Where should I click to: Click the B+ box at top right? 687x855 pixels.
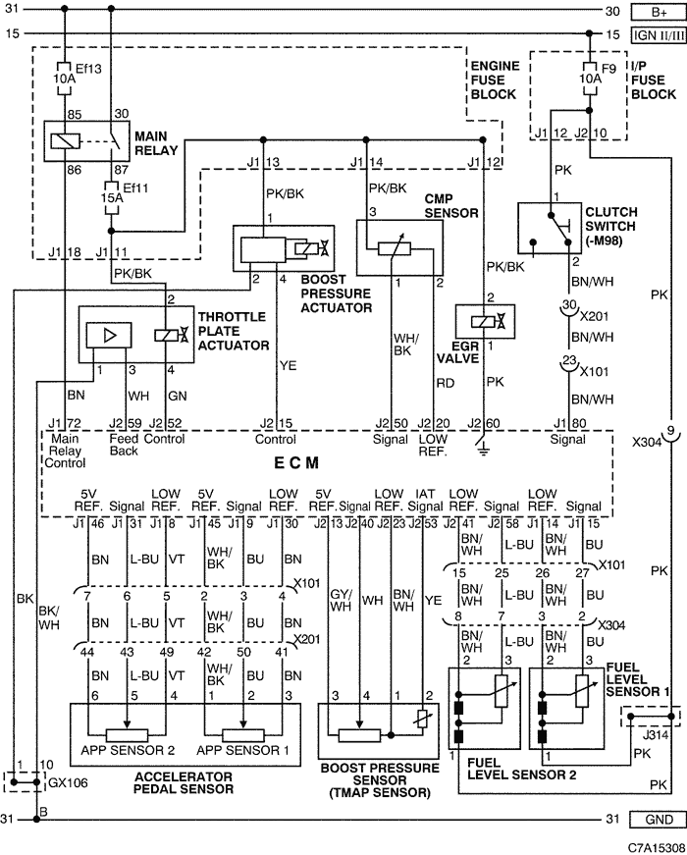[x=659, y=12]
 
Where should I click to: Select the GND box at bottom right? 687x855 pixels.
[x=659, y=819]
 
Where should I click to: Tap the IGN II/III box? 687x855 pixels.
[x=659, y=35]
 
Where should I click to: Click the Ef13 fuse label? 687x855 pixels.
[x=88, y=69]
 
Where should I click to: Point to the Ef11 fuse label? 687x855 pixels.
[x=135, y=188]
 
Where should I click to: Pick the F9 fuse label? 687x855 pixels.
[x=608, y=69]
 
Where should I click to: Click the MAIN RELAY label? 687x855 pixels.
[x=156, y=143]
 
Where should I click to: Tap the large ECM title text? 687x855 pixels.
[x=296, y=463]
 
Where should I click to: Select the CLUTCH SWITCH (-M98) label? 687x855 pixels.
[x=611, y=227]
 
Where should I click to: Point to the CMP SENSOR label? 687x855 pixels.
[x=450, y=205]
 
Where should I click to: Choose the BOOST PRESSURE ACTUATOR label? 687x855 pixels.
[x=336, y=294]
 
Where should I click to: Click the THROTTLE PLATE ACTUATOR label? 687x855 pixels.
[x=234, y=331]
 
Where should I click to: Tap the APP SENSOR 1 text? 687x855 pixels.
[x=242, y=750]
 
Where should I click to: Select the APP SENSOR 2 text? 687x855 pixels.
[x=128, y=750]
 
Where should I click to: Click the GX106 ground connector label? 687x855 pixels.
[x=68, y=783]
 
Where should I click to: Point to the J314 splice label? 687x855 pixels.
[x=656, y=734]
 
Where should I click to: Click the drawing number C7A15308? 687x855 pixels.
[x=657, y=847]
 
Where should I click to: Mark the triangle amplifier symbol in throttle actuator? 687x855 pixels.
[x=110, y=335]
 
